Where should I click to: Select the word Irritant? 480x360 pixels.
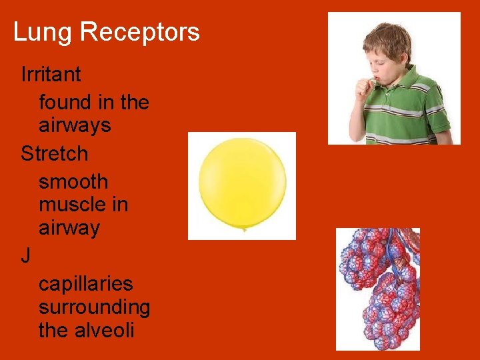(x=51, y=74)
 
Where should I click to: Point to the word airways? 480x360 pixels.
(x=75, y=125)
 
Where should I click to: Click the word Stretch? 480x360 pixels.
(x=55, y=153)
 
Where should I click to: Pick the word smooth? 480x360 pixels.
(x=73, y=181)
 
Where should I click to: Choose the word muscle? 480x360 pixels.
(x=73, y=204)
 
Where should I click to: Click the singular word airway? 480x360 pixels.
(x=69, y=228)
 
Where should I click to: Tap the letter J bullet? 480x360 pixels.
(x=25, y=256)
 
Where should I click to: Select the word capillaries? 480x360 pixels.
(x=85, y=284)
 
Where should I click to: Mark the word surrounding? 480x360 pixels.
(x=94, y=307)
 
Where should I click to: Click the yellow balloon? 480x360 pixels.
(x=242, y=181)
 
